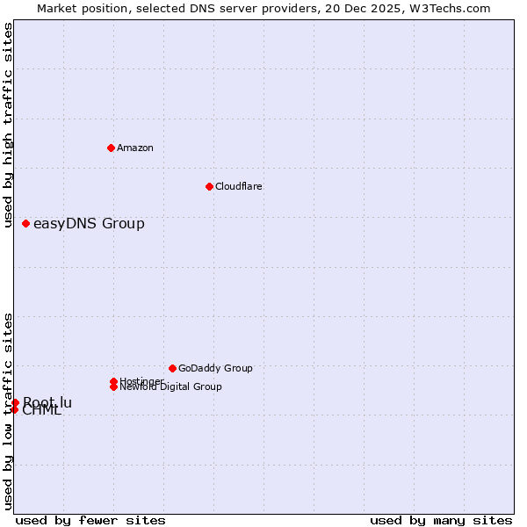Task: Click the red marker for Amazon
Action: [x=111, y=148]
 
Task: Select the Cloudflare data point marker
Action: [x=209, y=186]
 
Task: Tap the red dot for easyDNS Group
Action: [x=25, y=224]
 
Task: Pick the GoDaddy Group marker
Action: [x=172, y=368]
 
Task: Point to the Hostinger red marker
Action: [x=113, y=381]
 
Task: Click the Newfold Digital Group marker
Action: [x=113, y=386]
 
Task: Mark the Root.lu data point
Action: [x=15, y=402]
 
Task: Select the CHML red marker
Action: [x=14, y=409]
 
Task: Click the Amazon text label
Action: [x=135, y=148]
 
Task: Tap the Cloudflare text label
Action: [x=239, y=186]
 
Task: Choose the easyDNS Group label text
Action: [x=89, y=224]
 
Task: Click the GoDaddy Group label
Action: [x=215, y=368]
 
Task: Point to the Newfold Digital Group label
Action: [x=171, y=386]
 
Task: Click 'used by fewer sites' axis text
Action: [x=90, y=520]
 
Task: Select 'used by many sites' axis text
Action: [x=441, y=520]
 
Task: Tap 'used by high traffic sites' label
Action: [x=8, y=125]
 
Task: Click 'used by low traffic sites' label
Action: [x=8, y=410]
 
